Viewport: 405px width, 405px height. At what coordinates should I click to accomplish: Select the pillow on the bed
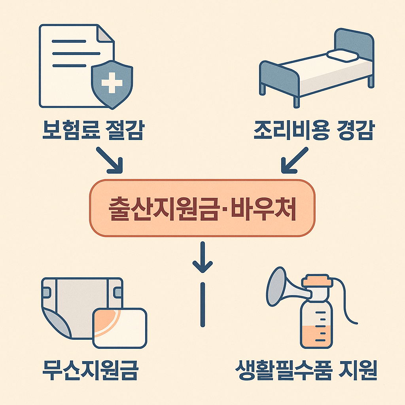tap(342, 56)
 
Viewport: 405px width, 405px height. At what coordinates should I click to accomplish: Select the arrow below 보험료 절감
tap(110, 160)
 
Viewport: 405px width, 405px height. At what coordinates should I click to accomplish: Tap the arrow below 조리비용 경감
tap(294, 160)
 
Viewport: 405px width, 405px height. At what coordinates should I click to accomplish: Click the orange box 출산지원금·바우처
tap(202, 208)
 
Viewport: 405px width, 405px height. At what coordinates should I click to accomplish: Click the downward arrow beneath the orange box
tap(202, 257)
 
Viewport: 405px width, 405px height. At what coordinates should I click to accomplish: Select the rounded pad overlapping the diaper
tap(120, 328)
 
